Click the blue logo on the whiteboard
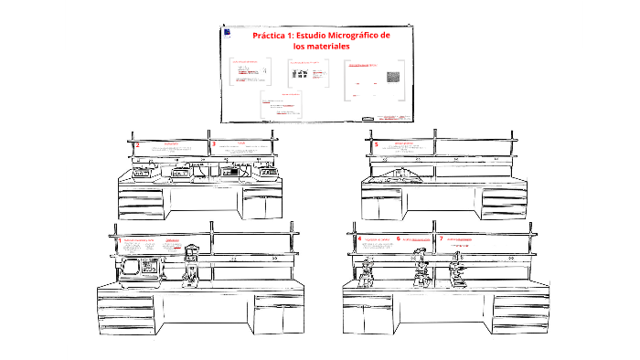227,33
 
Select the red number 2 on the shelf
137,144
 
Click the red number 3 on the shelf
213,144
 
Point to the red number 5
376,144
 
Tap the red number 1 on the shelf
118,241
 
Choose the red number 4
359,238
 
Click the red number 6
399,238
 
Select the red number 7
441,238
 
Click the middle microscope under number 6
421,266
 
